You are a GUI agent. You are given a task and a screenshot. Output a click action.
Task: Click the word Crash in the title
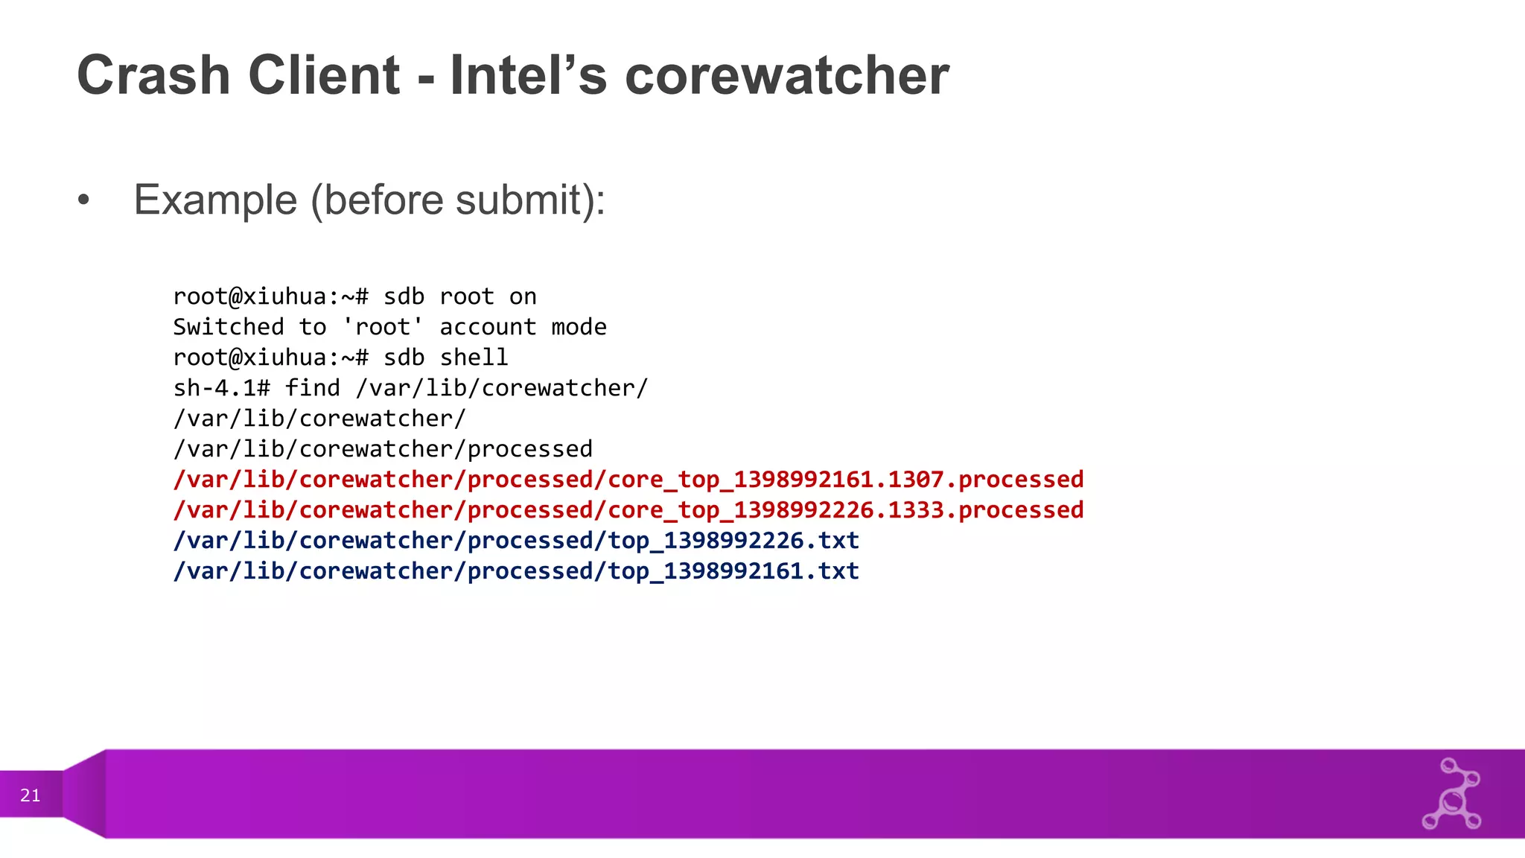(x=153, y=75)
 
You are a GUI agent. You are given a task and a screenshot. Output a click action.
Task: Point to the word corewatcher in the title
(x=786, y=75)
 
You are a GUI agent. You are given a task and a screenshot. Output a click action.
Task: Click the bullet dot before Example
(x=83, y=200)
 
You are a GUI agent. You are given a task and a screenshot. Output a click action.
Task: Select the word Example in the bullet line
(x=215, y=200)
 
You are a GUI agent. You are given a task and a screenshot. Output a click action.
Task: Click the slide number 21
(x=31, y=795)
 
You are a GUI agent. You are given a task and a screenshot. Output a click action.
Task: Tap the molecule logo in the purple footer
(x=1451, y=795)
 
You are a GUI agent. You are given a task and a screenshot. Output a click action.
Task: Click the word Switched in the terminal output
(x=229, y=327)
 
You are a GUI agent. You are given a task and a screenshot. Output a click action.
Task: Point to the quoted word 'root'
(x=383, y=327)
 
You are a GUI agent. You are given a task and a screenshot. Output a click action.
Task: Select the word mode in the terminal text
(x=579, y=327)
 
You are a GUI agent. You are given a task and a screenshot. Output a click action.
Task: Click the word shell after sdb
(x=474, y=357)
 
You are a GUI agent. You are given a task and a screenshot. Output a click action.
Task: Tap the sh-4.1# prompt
(x=221, y=388)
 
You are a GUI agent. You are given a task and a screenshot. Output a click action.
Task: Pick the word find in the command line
(x=312, y=388)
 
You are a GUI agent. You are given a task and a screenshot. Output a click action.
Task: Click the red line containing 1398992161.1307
(x=628, y=480)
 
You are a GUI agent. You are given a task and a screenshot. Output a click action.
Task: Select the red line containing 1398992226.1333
(x=628, y=510)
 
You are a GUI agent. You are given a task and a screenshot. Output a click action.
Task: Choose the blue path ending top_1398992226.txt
(x=516, y=541)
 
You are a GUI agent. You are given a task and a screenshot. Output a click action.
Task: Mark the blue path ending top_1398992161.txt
(x=516, y=571)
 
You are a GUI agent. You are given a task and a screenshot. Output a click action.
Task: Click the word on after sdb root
(x=523, y=296)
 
